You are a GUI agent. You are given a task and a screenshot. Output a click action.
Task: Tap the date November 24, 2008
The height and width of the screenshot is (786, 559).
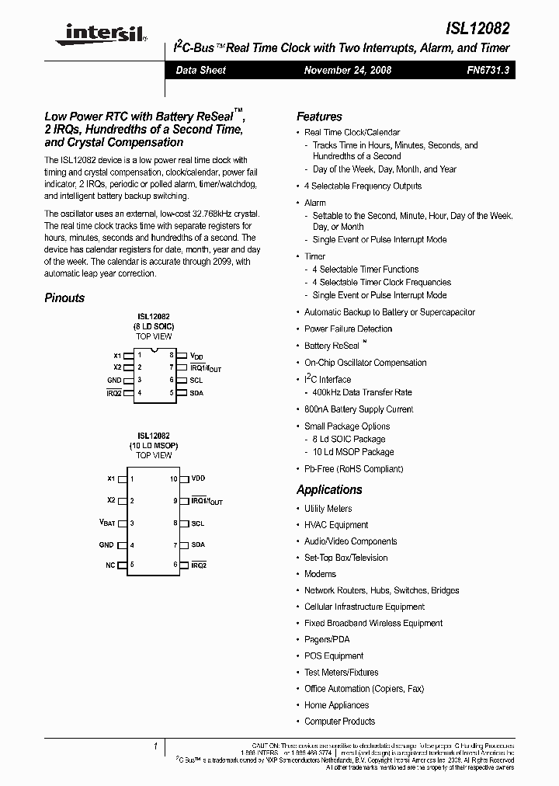[347, 70]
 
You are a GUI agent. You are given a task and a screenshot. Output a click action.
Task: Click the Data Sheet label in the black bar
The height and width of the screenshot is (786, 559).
[200, 70]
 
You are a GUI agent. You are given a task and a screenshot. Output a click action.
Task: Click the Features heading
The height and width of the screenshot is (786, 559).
[319, 117]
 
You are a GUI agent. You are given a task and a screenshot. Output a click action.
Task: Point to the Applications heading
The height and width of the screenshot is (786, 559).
[329, 489]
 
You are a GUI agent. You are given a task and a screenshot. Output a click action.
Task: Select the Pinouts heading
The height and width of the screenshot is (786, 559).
[64, 297]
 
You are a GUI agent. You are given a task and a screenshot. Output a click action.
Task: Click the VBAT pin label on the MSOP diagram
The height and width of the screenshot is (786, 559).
[106, 523]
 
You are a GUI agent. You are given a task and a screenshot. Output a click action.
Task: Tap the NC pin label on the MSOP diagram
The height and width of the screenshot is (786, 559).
[110, 565]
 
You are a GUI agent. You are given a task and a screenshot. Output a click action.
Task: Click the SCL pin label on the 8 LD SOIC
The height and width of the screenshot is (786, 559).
[196, 380]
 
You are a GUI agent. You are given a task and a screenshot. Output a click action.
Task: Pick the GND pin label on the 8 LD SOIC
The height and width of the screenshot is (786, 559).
[114, 380]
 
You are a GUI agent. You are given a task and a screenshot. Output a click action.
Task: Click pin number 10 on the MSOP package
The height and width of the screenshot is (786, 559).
[174, 479]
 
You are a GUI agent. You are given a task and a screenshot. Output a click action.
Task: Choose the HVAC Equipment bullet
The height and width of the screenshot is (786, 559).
[336, 525]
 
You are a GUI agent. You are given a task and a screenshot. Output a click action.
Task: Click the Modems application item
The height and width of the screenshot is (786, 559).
[320, 574]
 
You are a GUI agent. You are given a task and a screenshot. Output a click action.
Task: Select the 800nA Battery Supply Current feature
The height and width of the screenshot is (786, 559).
[359, 409]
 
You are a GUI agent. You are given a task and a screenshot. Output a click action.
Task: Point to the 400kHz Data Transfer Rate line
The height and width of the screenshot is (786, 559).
[362, 392]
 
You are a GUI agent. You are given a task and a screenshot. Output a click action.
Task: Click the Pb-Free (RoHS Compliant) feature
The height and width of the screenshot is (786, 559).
[353, 469]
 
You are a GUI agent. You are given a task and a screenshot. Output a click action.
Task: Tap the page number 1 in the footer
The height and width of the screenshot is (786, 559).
[156, 746]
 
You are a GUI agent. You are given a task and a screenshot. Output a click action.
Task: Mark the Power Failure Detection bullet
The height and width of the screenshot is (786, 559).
[348, 329]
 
